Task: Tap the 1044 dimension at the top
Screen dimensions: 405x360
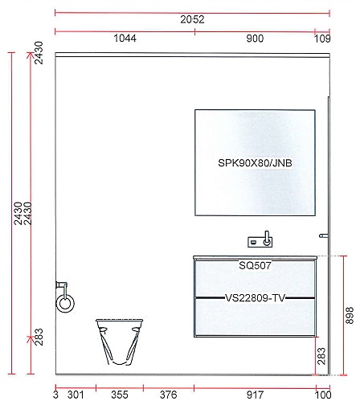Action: tap(125, 38)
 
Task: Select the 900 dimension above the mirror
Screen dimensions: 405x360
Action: tap(254, 38)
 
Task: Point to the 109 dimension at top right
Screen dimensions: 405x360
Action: tap(321, 38)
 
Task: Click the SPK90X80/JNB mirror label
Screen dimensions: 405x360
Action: tap(255, 163)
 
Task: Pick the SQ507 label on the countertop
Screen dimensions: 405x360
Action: tap(254, 264)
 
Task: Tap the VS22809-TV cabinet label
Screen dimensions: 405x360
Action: tap(254, 297)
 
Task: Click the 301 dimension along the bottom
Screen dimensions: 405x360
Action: tap(75, 394)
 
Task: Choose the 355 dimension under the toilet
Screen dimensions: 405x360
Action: tap(119, 394)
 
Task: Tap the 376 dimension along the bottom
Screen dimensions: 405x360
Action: tap(168, 394)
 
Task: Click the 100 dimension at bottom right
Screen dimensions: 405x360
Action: tap(322, 394)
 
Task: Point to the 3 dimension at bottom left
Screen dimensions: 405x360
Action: tap(55, 394)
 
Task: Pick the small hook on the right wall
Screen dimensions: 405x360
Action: tap(323, 236)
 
